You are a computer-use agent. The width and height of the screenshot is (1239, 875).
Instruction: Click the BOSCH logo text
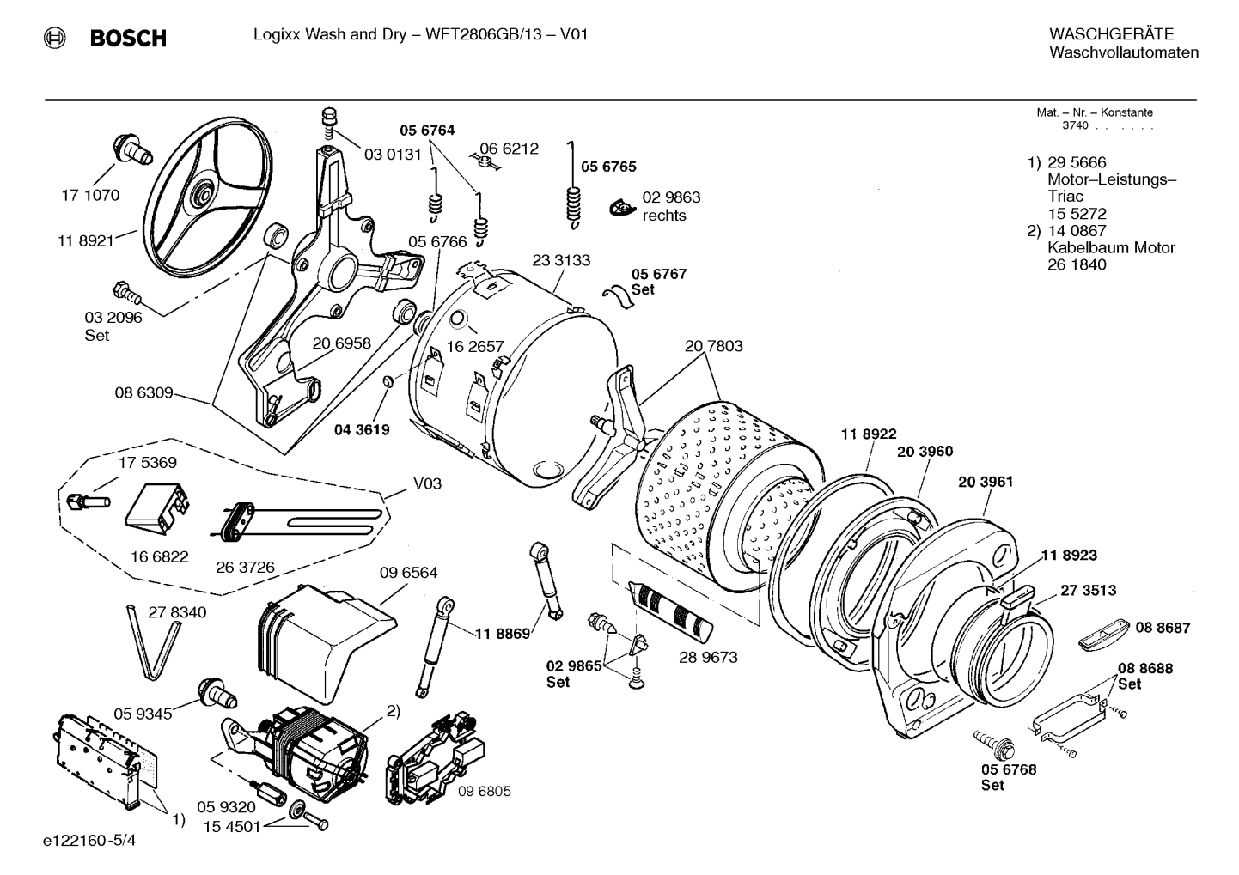click(128, 39)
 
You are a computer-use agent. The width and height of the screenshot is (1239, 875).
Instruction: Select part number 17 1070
click(90, 195)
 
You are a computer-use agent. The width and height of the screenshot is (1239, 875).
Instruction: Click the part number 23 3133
click(561, 260)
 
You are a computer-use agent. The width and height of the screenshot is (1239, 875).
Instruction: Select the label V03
click(427, 484)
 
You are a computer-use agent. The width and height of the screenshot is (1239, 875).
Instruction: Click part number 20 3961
click(986, 482)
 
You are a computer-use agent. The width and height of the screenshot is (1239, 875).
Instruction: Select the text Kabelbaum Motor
click(1111, 248)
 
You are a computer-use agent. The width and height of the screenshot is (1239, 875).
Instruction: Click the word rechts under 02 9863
click(664, 216)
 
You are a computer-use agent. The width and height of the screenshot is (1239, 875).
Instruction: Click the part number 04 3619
click(362, 430)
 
